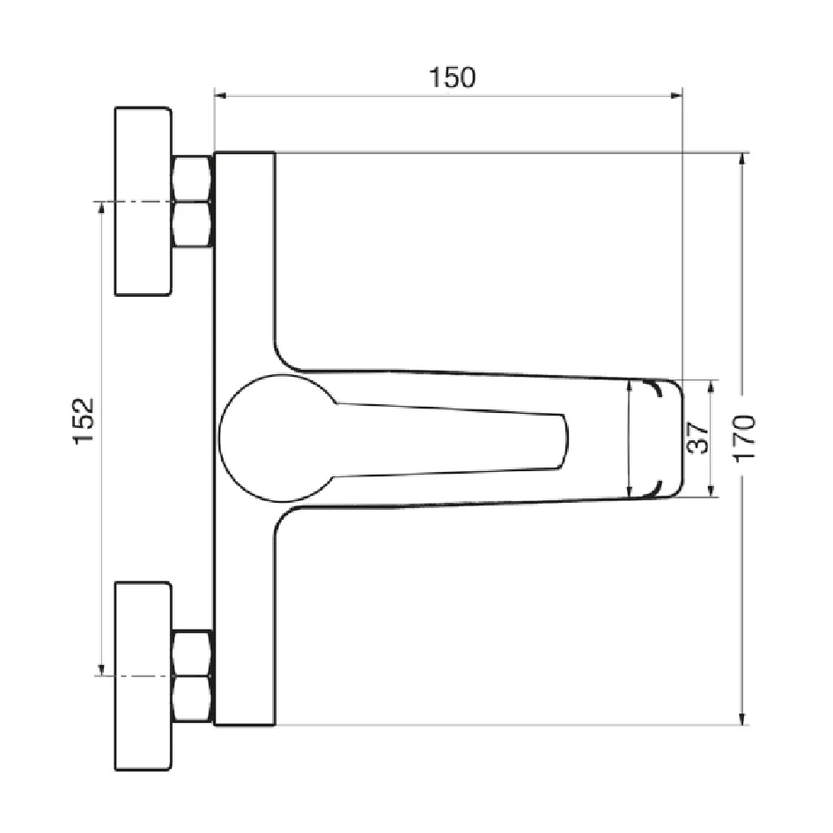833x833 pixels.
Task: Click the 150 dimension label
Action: point(452,77)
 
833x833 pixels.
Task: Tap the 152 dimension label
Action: point(84,421)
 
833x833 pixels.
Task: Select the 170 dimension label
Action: point(745,438)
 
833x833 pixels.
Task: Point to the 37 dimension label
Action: point(697,438)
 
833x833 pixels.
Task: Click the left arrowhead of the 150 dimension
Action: point(220,96)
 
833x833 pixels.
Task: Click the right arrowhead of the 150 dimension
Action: point(676,96)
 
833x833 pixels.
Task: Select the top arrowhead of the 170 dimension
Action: point(742,159)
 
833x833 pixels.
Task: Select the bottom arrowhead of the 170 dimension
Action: point(742,719)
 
